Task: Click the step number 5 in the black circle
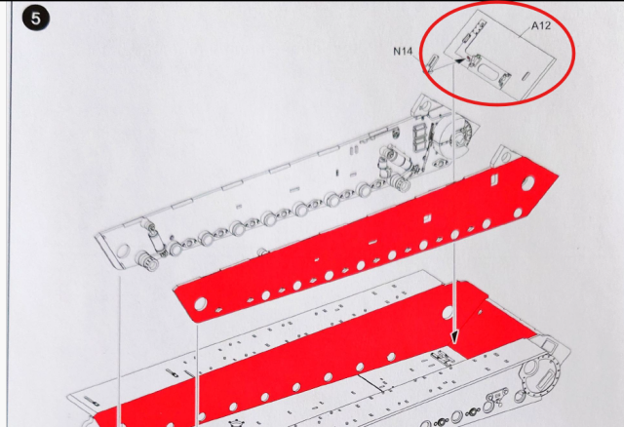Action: click(36, 19)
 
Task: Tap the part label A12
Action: click(541, 26)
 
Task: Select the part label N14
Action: click(403, 52)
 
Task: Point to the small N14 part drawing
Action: click(432, 62)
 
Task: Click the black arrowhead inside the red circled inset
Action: click(459, 60)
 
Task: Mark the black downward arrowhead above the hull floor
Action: click(454, 337)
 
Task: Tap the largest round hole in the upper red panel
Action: click(527, 182)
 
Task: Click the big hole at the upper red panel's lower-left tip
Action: click(200, 303)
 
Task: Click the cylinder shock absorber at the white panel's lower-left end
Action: click(153, 238)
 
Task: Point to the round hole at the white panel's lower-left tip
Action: click(123, 252)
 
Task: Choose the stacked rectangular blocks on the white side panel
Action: click(420, 137)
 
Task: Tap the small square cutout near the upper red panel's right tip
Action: click(495, 177)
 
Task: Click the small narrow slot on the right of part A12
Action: click(526, 76)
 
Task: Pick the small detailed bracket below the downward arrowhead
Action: click(444, 358)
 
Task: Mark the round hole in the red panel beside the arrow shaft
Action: click(448, 312)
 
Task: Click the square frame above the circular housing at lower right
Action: click(549, 345)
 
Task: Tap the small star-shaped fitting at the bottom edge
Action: click(236, 422)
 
